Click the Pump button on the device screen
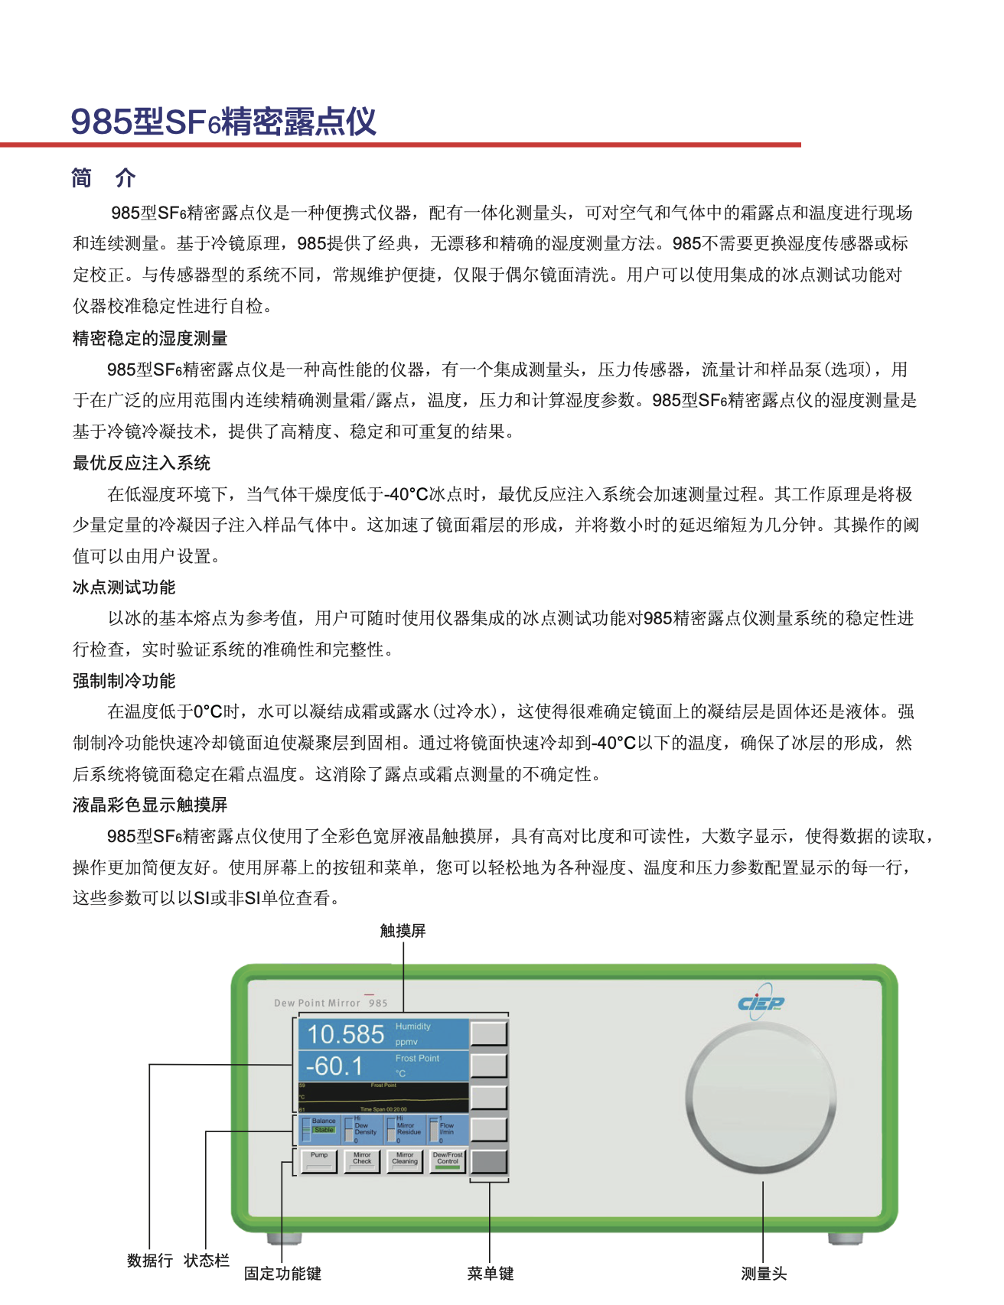[319, 1160]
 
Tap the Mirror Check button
[362, 1160]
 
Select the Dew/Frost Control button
[448, 1160]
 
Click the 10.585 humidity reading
[346, 1034]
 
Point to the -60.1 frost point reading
[334, 1066]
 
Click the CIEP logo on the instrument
[761, 1002]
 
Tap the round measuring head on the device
[761, 1098]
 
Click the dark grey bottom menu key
[489, 1161]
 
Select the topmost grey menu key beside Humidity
[489, 1033]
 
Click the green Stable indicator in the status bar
[324, 1130]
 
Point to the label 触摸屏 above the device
[403, 931]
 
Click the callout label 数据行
[150, 1261]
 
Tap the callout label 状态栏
[207, 1261]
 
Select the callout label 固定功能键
[282, 1274]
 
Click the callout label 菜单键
[491, 1274]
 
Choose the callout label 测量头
[764, 1274]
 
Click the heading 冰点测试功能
[124, 587]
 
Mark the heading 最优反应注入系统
[142, 463]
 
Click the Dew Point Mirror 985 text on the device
[331, 1003]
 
